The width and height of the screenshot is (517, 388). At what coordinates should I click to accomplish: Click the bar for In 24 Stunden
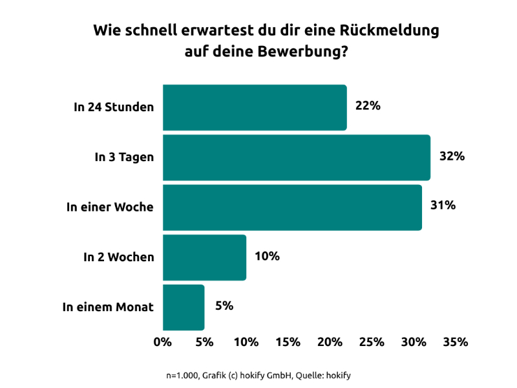pyautogui.click(x=255, y=107)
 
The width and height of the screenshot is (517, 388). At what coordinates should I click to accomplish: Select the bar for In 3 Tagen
pyautogui.click(x=296, y=157)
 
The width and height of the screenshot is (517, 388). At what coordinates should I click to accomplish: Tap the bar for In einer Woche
pyautogui.click(x=292, y=207)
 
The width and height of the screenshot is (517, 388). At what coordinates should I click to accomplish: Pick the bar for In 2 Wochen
pyautogui.click(x=204, y=257)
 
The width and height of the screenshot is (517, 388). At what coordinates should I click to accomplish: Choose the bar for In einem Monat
pyautogui.click(x=184, y=307)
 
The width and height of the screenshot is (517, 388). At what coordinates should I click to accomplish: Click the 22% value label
pyautogui.click(x=368, y=106)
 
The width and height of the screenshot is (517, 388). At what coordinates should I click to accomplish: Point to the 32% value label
pyautogui.click(x=452, y=156)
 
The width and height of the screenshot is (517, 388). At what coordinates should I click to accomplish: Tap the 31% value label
pyautogui.click(x=443, y=206)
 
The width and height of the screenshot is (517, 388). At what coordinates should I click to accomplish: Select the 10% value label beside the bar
pyautogui.click(x=267, y=256)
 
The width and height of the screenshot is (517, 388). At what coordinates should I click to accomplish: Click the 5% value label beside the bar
pyautogui.click(x=224, y=306)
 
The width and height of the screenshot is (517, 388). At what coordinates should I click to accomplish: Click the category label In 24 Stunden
pyautogui.click(x=114, y=107)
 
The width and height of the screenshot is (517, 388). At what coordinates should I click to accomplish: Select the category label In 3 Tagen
pyautogui.click(x=124, y=157)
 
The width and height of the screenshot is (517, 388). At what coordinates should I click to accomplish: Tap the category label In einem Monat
pyautogui.click(x=108, y=307)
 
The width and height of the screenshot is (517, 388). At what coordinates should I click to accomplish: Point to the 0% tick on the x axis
pyautogui.click(x=162, y=342)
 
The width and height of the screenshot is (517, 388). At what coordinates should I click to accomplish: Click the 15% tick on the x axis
pyautogui.click(x=288, y=342)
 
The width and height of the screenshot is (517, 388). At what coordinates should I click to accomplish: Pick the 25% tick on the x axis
pyautogui.click(x=372, y=342)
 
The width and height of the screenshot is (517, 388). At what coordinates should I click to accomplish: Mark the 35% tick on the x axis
pyautogui.click(x=455, y=342)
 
